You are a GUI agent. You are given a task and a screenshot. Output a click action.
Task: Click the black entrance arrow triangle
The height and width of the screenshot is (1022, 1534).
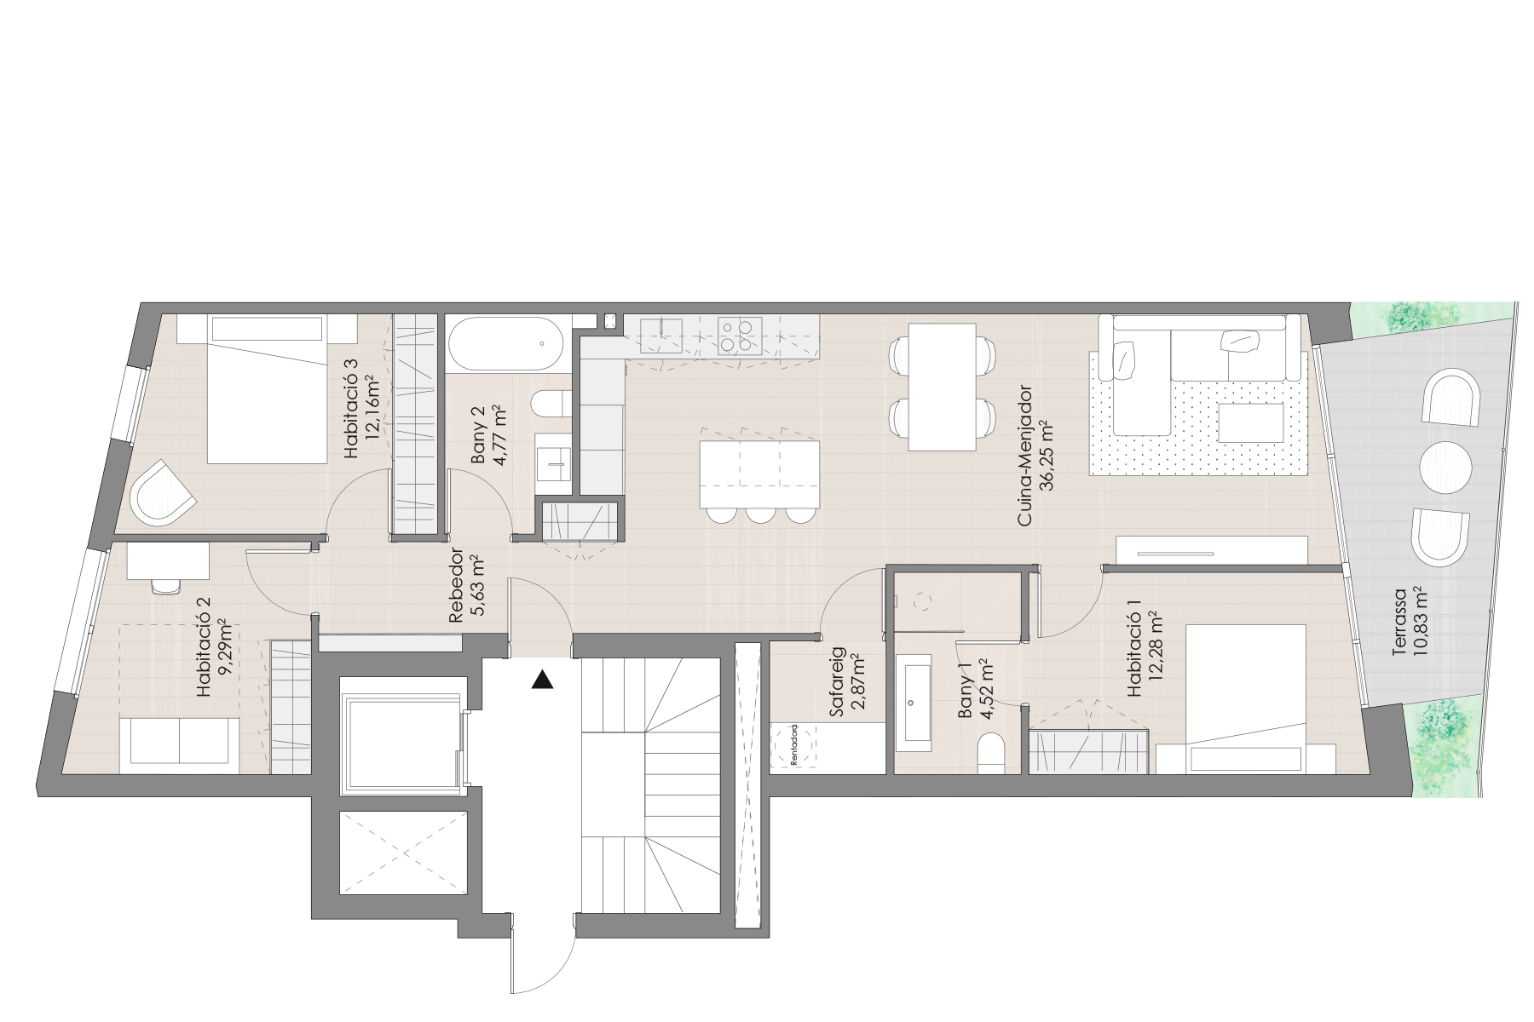tap(542, 680)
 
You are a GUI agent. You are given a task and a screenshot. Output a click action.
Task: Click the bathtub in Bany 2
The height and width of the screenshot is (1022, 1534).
tap(505, 343)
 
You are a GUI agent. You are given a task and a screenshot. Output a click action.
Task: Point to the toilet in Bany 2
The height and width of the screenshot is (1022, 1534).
tap(551, 404)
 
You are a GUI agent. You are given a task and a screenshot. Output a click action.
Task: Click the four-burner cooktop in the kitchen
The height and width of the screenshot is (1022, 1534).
tap(740, 335)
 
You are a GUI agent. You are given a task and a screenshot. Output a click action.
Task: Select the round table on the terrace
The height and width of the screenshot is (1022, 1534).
tap(1445, 468)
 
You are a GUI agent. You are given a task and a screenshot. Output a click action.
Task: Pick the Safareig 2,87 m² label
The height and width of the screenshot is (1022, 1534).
tap(846, 681)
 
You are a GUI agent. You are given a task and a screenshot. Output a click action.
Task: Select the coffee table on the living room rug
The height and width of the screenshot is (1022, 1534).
tap(1251, 423)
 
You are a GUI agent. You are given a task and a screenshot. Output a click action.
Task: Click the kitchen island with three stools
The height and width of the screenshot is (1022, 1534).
tap(758, 474)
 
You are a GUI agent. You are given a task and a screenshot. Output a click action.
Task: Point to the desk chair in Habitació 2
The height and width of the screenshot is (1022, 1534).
tap(167, 584)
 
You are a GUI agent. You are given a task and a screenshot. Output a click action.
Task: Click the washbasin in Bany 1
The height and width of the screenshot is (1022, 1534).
tap(915, 703)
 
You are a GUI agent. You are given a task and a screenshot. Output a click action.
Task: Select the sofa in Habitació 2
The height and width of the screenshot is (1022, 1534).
tap(180, 743)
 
